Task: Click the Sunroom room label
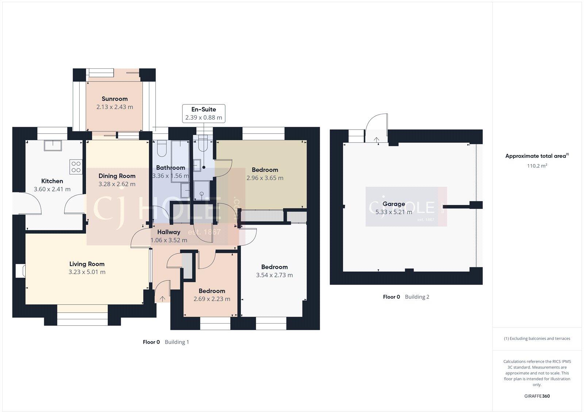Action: (115, 99)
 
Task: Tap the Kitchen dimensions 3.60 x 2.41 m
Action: (52, 189)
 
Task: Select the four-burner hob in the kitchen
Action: (76, 167)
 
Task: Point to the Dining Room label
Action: (117, 176)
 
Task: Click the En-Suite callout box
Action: (204, 113)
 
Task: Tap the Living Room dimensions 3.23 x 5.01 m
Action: (87, 272)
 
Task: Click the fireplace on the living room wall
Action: (20, 271)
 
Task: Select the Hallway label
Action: (169, 232)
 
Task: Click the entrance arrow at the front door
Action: (162, 298)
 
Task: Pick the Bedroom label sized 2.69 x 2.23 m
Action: (212, 291)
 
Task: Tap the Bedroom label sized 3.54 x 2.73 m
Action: (274, 267)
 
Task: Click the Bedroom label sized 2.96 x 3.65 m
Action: (265, 170)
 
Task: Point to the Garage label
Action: (393, 204)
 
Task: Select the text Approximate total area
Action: (535, 156)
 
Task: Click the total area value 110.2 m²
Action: (537, 166)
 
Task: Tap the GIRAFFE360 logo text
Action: (537, 396)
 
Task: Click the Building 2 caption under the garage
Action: (417, 297)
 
